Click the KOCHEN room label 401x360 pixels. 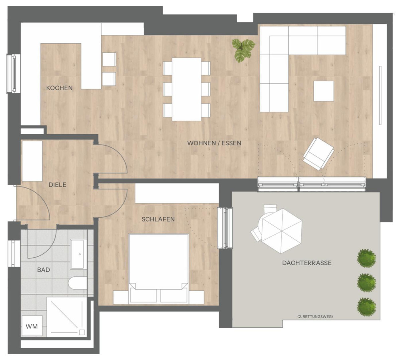[59, 88]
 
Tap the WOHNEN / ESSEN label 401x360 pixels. [214, 143]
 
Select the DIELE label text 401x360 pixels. [57, 185]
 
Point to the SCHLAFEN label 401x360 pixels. [158, 219]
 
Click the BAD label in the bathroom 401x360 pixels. [43, 270]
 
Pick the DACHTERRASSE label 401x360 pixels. [307, 263]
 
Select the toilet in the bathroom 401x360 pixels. [78, 283]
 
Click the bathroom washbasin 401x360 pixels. [79, 254]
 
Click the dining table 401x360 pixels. [187, 89]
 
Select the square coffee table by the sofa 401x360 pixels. [323, 91]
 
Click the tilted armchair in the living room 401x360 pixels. [319, 154]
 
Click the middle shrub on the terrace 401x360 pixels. [367, 282]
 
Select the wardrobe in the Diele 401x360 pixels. [32, 161]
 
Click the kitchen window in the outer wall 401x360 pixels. [13, 74]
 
